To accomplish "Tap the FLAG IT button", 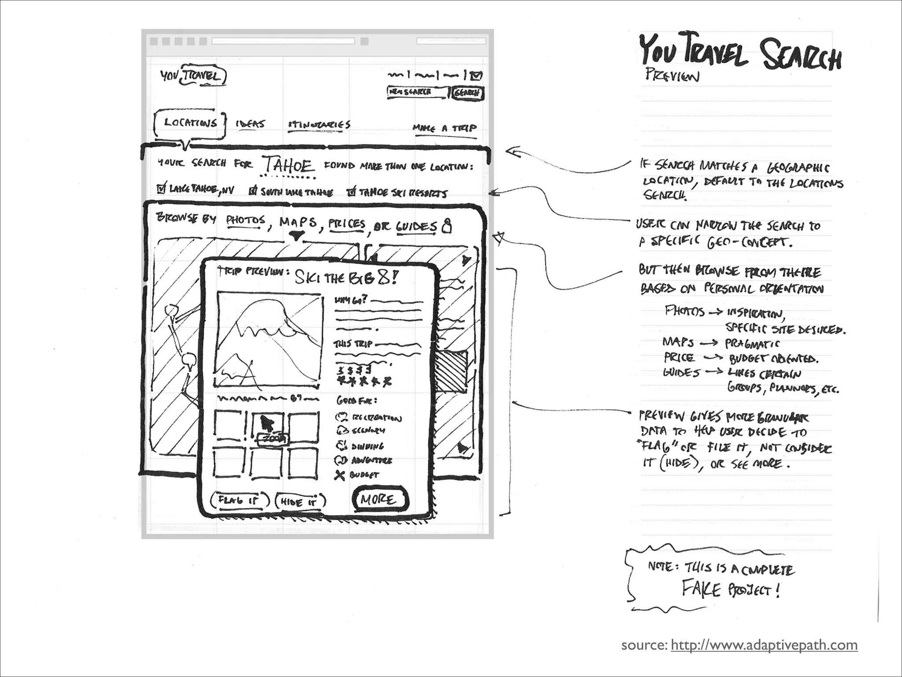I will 240,501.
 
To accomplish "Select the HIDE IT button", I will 300,502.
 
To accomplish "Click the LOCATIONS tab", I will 190,123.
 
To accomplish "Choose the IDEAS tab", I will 250,124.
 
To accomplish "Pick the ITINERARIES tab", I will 319,125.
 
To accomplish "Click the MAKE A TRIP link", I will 444,128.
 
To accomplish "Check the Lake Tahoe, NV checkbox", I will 161,189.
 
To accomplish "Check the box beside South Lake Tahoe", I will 253,191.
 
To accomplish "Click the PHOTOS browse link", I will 246,220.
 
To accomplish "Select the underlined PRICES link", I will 347,224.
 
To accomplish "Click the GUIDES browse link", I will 416,227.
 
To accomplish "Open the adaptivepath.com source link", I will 764,645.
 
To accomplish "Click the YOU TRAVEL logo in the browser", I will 193,76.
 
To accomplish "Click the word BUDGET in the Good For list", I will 364,475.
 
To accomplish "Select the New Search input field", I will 417,92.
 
